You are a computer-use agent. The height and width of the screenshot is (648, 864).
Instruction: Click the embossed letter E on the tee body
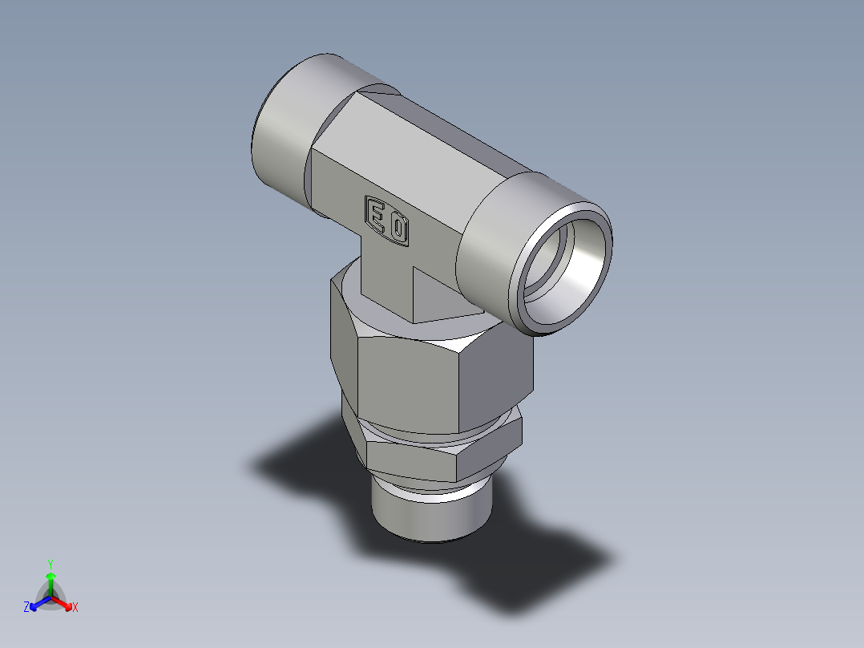coord(375,214)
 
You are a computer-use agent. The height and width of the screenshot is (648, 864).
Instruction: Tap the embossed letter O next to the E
coord(398,230)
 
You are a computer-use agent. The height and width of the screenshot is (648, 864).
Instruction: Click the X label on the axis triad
coord(75,607)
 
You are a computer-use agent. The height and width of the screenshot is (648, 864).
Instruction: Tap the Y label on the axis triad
coord(50,563)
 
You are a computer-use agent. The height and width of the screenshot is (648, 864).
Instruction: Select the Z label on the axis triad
coord(26,607)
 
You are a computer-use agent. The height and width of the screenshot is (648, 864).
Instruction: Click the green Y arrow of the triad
coord(50,581)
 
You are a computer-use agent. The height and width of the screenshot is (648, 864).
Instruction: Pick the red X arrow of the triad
coord(63,602)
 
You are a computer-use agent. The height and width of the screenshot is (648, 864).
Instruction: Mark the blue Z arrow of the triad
coord(38,602)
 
